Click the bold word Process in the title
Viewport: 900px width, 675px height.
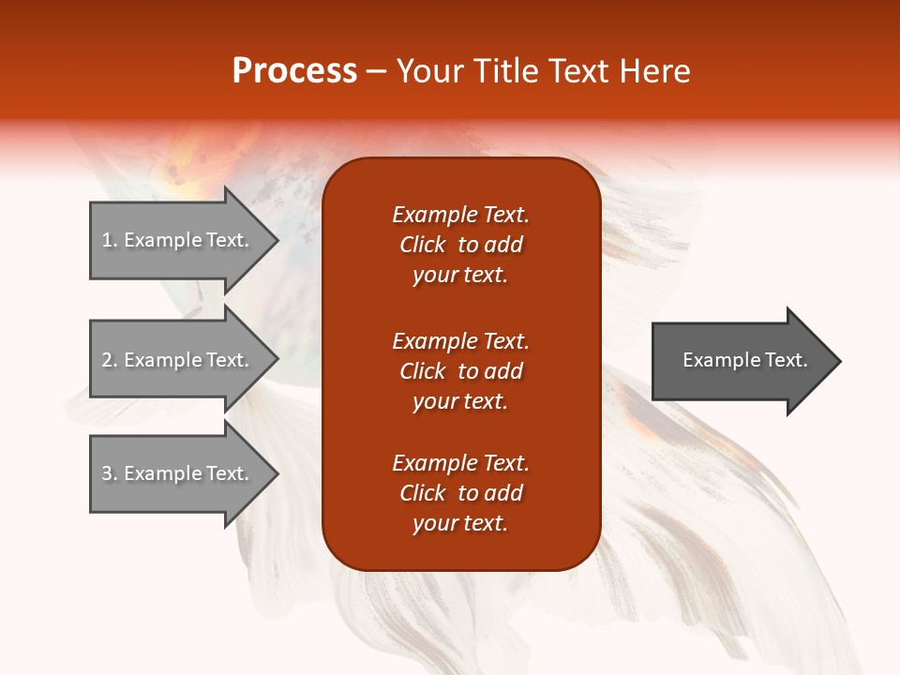point(294,70)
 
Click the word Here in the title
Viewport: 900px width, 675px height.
point(652,70)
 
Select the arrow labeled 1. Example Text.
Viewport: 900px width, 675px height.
point(178,240)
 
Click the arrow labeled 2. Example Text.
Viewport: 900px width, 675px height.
point(178,360)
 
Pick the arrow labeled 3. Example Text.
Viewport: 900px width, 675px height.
point(178,473)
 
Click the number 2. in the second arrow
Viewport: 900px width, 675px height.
point(109,360)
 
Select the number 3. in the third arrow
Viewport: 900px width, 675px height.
point(109,473)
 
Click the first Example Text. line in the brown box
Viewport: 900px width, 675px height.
point(460,215)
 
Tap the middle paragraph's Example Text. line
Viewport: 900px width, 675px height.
point(460,340)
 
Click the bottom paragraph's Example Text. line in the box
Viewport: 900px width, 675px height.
point(460,463)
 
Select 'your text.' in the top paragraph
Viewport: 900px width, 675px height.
point(460,275)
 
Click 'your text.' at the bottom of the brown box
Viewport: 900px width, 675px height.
point(460,523)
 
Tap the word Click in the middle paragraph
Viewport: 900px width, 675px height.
point(423,371)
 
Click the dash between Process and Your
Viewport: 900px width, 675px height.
point(377,71)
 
